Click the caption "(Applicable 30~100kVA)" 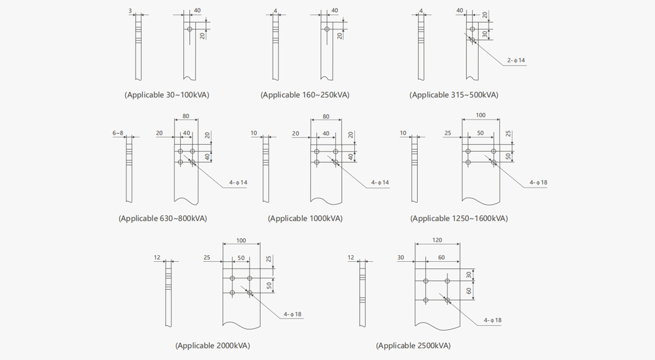tap(166, 95)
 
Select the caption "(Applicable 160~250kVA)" tap(305, 95)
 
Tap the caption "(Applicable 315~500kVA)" tap(454, 95)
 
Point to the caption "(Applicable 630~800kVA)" tap(162, 219)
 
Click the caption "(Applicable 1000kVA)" tap(305, 219)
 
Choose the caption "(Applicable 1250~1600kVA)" tap(458, 219)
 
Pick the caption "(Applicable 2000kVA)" tap(213, 346)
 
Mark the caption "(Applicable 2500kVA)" tap(413, 346)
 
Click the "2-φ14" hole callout tap(516, 60)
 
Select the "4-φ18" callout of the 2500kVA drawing tap(493, 320)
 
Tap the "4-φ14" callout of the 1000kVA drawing tap(380, 183)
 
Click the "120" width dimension tap(437, 240)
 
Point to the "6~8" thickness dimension tap(118, 134)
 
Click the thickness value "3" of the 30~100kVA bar tap(130, 11)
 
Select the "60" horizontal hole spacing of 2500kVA tap(441, 258)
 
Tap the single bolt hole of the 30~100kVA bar tap(190, 29)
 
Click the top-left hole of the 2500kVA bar tap(426, 281)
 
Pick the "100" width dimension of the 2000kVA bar tap(241, 241)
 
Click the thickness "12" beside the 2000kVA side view tap(157, 258)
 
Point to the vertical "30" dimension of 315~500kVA tap(485, 34)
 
